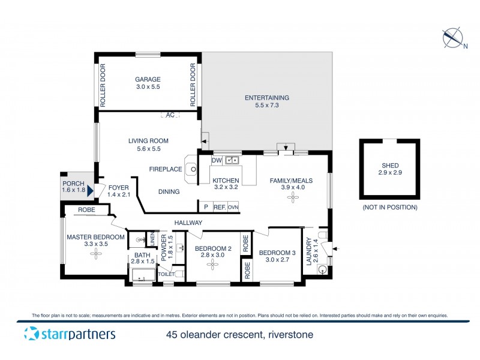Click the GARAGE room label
tap(147, 79)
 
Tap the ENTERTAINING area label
tap(267, 98)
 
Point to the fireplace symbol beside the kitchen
tap(193, 169)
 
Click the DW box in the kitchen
tap(217, 160)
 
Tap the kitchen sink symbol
tap(232, 160)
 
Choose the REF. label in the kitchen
tap(219, 207)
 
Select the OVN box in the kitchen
tap(233, 207)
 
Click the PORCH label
tap(73, 183)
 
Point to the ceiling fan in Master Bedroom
tap(95, 253)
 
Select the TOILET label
tap(166, 274)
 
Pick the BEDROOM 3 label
tap(277, 253)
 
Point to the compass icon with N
tap(453, 38)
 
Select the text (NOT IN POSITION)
tap(389, 207)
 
